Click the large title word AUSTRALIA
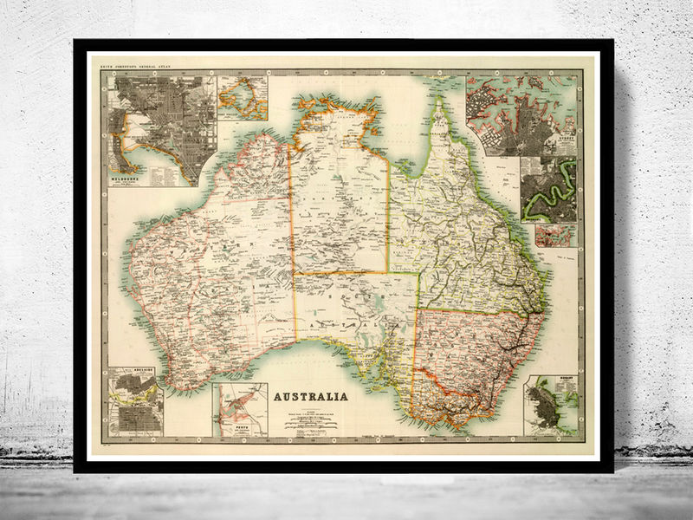pyautogui.click(x=312, y=397)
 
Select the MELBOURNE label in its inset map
pyautogui.click(x=128, y=157)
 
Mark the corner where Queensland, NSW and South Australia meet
pyautogui.click(x=419, y=309)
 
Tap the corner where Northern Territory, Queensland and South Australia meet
pyautogui.click(x=388, y=272)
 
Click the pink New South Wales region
pyautogui.click(x=468, y=347)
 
